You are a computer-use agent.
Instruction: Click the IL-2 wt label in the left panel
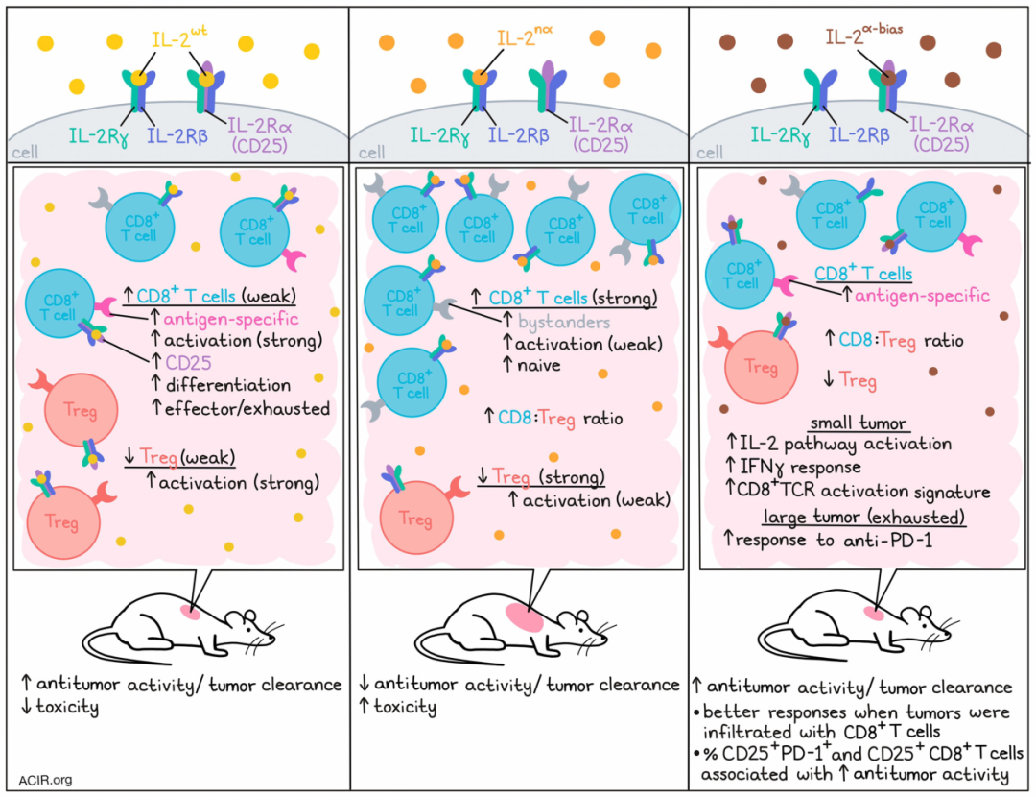[x=179, y=37]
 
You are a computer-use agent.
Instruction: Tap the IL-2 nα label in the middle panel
[x=525, y=36]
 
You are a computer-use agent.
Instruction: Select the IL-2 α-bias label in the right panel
[x=863, y=34]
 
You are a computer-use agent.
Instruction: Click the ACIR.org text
[x=46, y=781]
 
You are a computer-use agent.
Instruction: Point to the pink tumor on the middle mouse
[x=525, y=617]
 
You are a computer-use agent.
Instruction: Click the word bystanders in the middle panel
[x=564, y=322]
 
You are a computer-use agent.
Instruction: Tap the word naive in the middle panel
[x=538, y=365]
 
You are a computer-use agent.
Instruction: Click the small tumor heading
[x=858, y=423]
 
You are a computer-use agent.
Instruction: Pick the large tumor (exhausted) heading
[x=864, y=517]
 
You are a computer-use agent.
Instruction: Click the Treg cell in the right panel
[x=761, y=367]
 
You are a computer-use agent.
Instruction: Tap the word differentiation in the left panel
[x=228, y=385]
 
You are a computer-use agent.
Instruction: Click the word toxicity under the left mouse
[x=67, y=707]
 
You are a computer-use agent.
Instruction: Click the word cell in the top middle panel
[x=371, y=153]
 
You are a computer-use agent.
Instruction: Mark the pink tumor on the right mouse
[x=874, y=614]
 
